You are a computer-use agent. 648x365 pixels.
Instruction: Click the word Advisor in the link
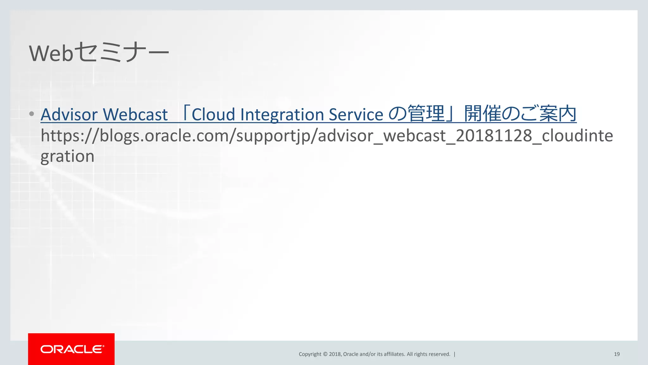pos(69,114)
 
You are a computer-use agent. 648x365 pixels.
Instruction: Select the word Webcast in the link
pos(135,114)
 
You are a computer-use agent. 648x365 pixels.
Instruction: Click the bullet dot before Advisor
pos(31,114)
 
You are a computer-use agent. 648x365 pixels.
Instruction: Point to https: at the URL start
pos(63,136)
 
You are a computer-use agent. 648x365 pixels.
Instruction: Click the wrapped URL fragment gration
pos(67,157)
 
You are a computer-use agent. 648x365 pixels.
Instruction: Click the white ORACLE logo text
pos(72,349)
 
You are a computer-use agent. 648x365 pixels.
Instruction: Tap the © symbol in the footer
pos(325,354)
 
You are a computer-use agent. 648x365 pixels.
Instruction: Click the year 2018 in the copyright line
pos(335,354)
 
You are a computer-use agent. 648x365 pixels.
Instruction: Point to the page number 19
pos(617,354)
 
